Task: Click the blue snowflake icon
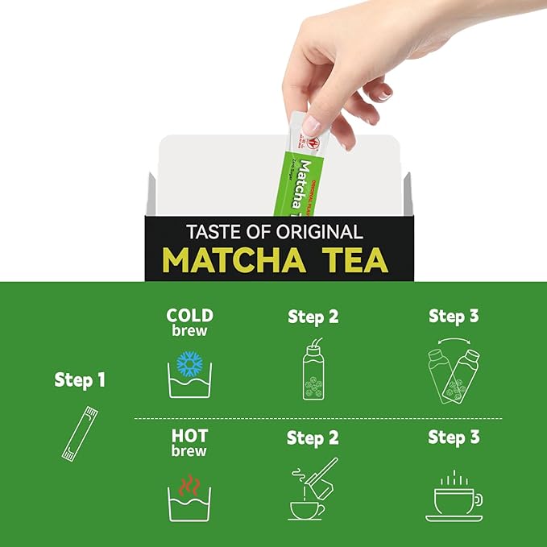(189, 363)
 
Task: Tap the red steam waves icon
(189, 487)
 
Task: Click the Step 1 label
(80, 379)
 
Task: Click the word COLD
(189, 315)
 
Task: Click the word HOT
(189, 437)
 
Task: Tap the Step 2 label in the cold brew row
(313, 317)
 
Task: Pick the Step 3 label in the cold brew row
(454, 316)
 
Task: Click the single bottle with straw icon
(313, 371)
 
